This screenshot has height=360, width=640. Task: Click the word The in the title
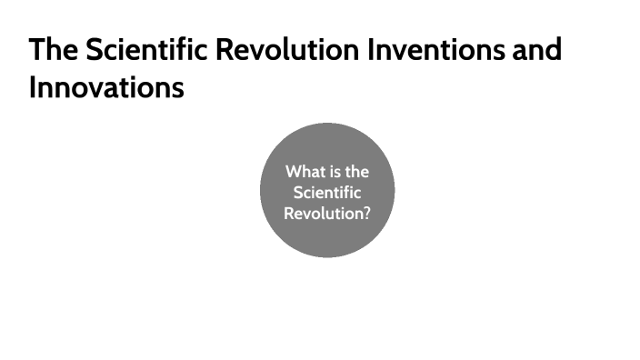coord(54,49)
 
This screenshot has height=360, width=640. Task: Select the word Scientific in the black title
coord(145,49)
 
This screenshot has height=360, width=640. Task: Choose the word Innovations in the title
coord(106,89)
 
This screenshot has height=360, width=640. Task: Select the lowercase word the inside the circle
coord(357,171)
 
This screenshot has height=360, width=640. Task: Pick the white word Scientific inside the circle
coord(327,193)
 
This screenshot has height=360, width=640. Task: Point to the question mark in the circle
coord(365,215)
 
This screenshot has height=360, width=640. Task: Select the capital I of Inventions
coord(370,49)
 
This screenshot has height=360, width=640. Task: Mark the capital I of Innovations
coord(33,89)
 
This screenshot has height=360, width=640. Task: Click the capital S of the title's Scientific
coord(95,49)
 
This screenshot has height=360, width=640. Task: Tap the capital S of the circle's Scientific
coord(298,193)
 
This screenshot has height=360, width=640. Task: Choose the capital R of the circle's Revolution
coord(289,215)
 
